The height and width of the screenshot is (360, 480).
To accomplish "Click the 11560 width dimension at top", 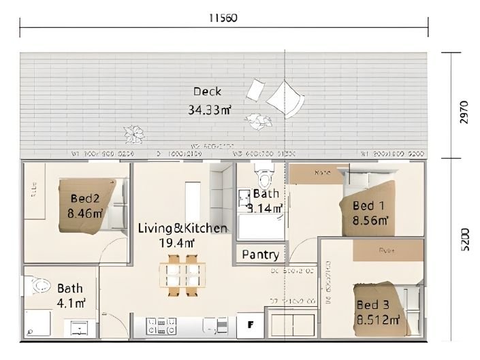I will click(223, 18).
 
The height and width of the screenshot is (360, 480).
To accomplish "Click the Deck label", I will click(207, 91).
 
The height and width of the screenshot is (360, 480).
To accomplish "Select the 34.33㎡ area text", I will click(209, 109).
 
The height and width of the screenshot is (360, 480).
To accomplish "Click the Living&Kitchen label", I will click(182, 228).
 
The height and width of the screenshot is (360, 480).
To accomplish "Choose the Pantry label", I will click(260, 255).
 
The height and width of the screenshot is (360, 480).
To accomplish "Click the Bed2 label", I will click(85, 199).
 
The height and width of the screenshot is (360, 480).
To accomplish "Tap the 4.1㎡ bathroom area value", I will click(71, 302).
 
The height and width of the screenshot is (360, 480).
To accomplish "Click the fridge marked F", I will click(251, 325).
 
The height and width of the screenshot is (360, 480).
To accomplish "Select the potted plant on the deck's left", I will click(133, 133).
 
